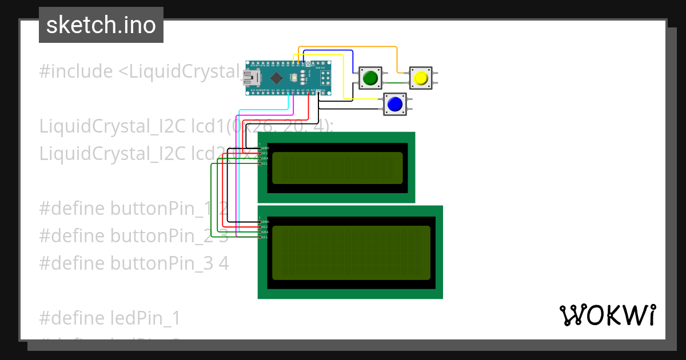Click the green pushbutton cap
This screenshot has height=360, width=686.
coord(370,77)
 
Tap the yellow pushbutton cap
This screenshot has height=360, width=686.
coord(421,77)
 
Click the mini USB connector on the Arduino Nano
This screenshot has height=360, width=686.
coord(252,78)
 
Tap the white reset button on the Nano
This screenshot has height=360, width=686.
coord(294,77)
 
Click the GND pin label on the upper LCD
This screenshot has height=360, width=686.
coord(265,147)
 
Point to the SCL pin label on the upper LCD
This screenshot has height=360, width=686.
coord(265,163)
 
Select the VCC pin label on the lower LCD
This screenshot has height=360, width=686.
coord(265,226)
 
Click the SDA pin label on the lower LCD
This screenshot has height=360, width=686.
coord(265,232)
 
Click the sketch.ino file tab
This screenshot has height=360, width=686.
coord(101,25)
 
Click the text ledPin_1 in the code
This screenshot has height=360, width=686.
coord(141,317)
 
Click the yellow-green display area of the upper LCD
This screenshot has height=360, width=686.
coord(337,168)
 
